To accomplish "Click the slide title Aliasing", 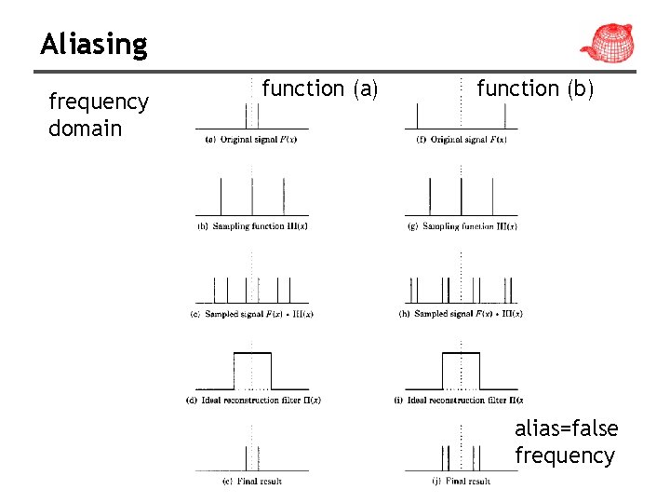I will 94,45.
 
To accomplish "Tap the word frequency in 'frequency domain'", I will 98,102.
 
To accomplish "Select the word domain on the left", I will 85,129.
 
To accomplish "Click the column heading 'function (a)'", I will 319,88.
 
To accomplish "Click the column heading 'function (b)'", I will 534,88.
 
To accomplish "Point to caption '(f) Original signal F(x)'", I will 462,140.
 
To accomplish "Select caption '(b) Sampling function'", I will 250,226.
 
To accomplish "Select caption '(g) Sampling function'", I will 462,226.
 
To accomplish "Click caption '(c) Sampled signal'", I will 251,314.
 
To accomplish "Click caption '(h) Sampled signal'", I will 462,314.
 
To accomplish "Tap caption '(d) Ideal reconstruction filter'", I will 252,401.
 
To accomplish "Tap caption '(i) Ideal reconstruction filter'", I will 462,401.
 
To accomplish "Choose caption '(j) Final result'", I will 462,482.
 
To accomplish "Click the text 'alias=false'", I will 566,428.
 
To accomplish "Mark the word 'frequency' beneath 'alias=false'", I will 565,455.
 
